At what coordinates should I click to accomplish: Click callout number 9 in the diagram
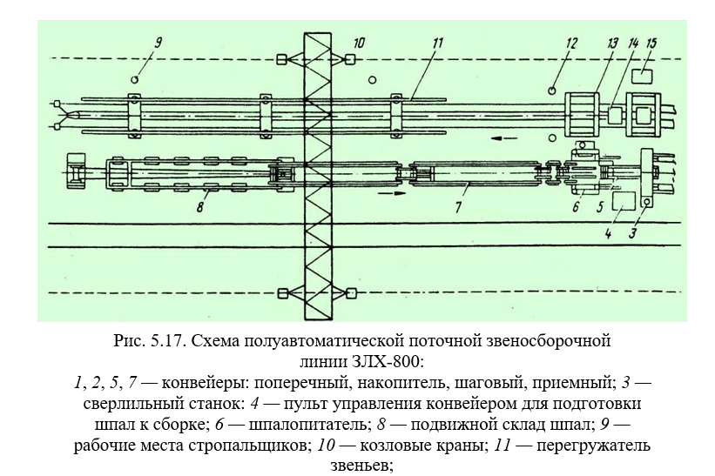coord(158,43)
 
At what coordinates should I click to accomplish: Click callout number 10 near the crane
coord(359,44)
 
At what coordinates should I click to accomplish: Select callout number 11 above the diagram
coord(437,44)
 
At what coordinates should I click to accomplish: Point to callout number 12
coord(571,44)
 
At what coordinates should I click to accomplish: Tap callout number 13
coord(612,44)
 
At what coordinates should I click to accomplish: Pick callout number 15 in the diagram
coord(651,44)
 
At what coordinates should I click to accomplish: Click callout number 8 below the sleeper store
coord(200,207)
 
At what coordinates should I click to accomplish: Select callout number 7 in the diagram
coord(458,207)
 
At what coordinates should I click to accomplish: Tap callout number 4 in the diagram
coord(608,234)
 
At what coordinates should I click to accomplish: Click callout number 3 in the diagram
coord(632,234)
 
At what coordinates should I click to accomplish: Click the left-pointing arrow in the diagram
coord(504,138)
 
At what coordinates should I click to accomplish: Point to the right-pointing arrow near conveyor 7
coord(392,193)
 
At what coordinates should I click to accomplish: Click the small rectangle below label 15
coord(642,76)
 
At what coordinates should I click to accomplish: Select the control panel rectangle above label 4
coord(624,201)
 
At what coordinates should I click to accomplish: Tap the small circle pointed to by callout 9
coord(134,80)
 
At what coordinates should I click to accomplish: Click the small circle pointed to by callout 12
coord(552,91)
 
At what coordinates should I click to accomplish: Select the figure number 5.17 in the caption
coord(167,341)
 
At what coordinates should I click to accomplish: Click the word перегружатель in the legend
coord(593,446)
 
